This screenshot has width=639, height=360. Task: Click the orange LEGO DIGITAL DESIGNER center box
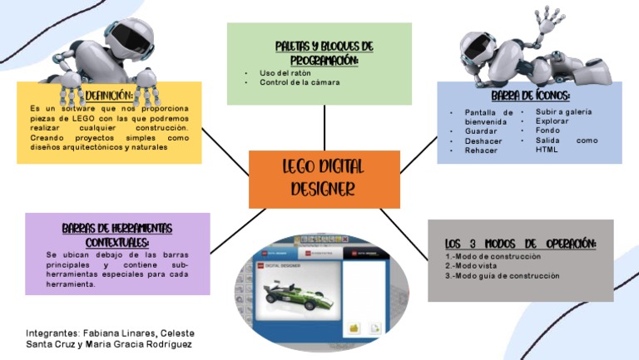coord(324,178)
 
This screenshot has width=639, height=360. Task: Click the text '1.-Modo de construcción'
coord(493,256)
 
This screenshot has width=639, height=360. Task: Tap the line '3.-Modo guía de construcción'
coord(502,276)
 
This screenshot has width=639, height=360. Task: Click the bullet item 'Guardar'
coord(481,131)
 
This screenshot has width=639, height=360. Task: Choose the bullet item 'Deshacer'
coord(483,141)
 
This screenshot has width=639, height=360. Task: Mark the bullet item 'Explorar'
coord(552,121)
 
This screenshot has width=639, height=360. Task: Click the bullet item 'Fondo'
coord(547,131)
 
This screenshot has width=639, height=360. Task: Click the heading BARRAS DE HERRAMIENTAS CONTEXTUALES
coord(116,234)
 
